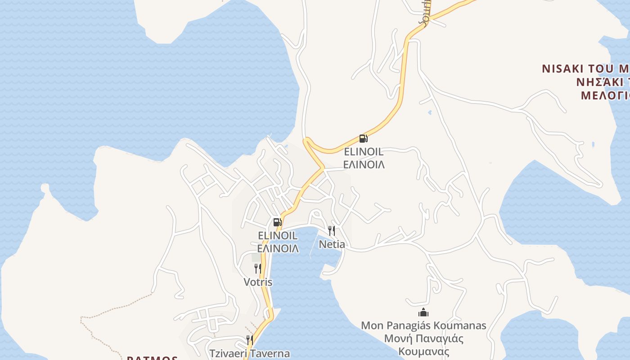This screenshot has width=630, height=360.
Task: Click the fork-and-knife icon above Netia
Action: tap(332, 231)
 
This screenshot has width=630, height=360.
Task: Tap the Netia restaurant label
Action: tap(332, 244)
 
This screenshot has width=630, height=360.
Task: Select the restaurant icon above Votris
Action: tap(258, 269)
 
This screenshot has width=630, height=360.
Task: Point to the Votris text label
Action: tap(258, 282)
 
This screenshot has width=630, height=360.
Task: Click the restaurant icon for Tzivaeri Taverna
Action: tap(249, 340)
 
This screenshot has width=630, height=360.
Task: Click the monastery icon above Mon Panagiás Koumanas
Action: tap(423, 312)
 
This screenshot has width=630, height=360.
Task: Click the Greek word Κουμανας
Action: tap(423, 351)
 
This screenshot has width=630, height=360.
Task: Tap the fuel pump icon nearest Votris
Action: tap(277, 222)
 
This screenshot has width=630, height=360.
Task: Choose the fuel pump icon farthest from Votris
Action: tap(363, 139)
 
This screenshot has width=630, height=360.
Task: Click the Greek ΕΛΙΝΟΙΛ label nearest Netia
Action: tap(278, 248)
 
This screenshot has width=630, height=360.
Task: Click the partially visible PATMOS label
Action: tap(152, 358)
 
